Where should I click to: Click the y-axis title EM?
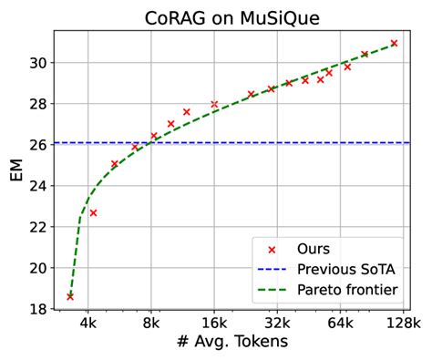(x=15, y=170)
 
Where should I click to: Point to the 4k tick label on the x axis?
(x=87, y=323)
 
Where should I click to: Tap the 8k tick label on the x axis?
(x=150, y=323)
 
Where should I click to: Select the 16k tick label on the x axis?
(x=214, y=323)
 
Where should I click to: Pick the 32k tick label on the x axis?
(x=277, y=323)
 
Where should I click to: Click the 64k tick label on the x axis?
(x=340, y=323)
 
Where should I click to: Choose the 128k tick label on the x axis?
(x=403, y=323)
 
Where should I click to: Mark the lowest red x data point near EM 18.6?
(x=70, y=296)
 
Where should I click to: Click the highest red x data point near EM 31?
(x=394, y=43)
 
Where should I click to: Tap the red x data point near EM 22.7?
(x=93, y=212)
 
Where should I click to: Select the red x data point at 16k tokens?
(x=214, y=105)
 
